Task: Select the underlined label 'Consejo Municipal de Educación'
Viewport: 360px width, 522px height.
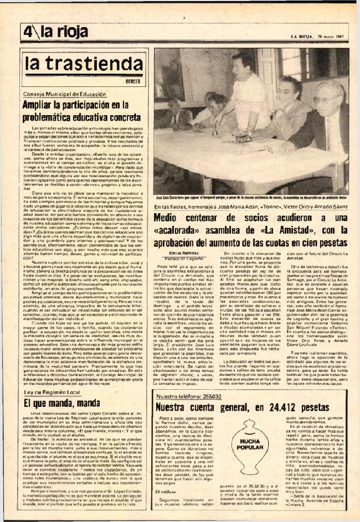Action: click(x=61, y=95)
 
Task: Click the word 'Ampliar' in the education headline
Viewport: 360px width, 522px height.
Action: click(x=42, y=105)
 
